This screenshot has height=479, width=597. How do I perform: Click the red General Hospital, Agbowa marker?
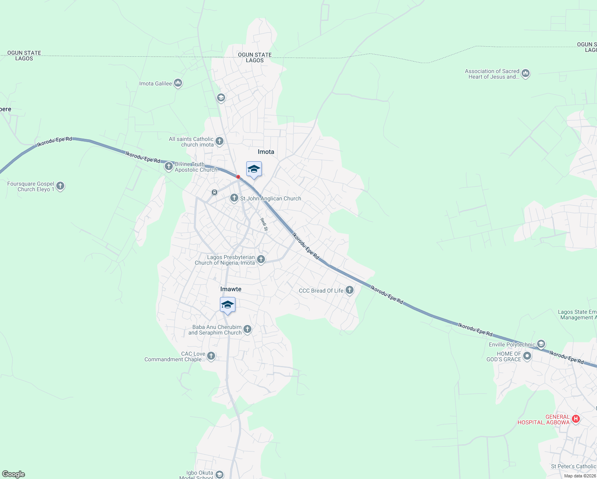[575, 419]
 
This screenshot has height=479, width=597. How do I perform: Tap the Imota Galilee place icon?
[178, 83]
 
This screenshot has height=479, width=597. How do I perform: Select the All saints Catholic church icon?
[219, 141]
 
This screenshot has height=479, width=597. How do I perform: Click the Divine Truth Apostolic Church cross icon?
[169, 166]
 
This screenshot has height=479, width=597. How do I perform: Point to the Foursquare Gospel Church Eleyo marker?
[60, 186]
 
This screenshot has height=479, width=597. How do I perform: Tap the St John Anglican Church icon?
[234, 198]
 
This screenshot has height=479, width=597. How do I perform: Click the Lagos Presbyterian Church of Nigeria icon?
[261, 259]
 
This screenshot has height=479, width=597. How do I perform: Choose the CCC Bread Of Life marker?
[350, 290]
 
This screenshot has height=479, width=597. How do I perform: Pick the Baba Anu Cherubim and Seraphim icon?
[247, 329]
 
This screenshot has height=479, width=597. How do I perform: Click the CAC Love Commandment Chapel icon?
[211, 356]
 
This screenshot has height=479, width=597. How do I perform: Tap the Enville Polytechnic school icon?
[541, 344]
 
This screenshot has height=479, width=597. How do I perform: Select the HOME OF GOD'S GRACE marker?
[527, 356]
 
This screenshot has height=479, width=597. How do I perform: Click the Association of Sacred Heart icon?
[526, 73]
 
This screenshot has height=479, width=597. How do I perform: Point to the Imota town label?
[266, 152]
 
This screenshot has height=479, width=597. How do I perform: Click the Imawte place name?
[231, 289]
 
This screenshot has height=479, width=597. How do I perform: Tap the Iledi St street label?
[264, 224]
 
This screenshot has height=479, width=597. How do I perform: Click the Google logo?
[14, 474]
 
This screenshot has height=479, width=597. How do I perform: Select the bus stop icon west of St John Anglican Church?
[215, 192]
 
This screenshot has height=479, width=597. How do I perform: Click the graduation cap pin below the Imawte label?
[227, 305]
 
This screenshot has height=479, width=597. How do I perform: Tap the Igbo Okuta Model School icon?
[219, 474]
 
